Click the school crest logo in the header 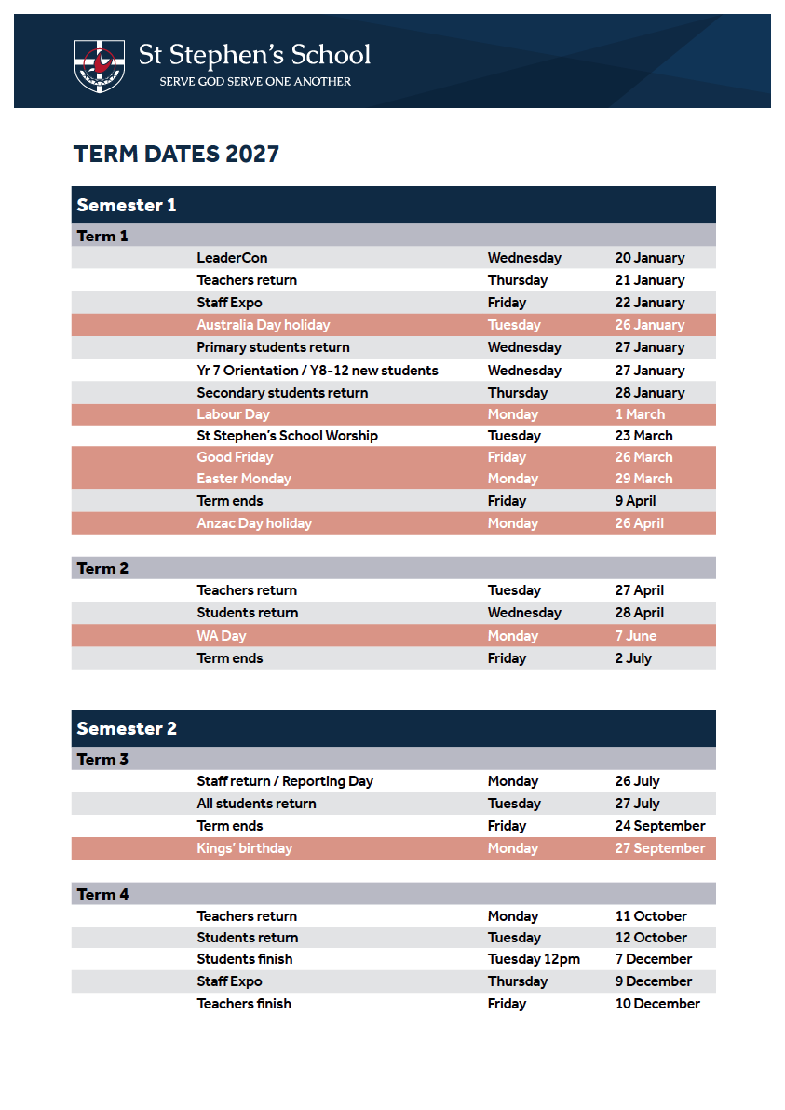pyautogui.click(x=100, y=65)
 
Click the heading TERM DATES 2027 pyautogui.click(x=176, y=154)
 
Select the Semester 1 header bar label pyautogui.click(x=127, y=205)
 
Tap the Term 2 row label pyautogui.click(x=102, y=568)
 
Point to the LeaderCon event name pyautogui.click(x=232, y=258)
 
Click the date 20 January pyautogui.click(x=649, y=258)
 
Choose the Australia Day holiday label pyautogui.click(x=264, y=325)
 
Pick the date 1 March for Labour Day pyautogui.click(x=640, y=414)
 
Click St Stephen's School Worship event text pyautogui.click(x=287, y=436)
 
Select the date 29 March pyautogui.click(x=643, y=479)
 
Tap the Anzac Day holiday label pyautogui.click(x=254, y=523)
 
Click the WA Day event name pyautogui.click(x=222, y=636)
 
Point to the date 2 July pyautogui.click(x=633, y=658)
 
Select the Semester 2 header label pyautogui.click(x=127, y=728)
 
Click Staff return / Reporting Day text pyautogui.click(x=285, y=781)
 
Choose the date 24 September pyautogui.click(x=660, y=826)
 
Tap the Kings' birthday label pyautogui.click(x=244, y=848)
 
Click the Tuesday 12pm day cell pyautogui.click(x=534, y=959)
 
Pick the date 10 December pyautogui.click(x=657, y=1004)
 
